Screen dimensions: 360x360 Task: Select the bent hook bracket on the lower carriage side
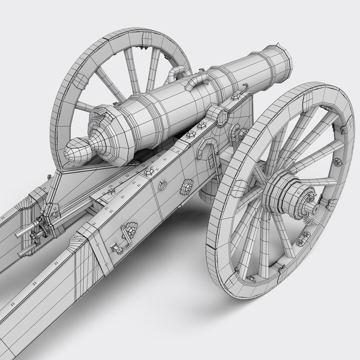pyautogui.click(x=116, y=246)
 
